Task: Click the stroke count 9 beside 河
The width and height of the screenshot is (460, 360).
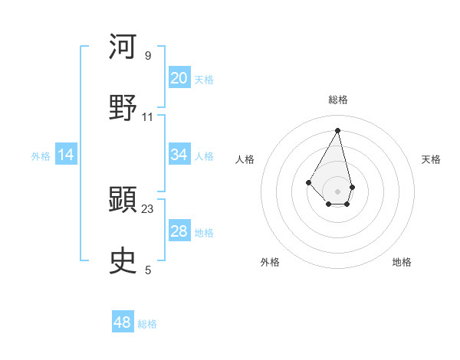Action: click(148, 56)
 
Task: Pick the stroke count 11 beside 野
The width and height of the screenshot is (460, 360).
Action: click(148, 117)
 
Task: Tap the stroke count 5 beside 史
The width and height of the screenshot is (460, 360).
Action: click(148, 270)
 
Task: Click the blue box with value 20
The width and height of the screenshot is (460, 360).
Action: click(179, 78)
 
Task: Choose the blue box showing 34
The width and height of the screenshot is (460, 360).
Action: click(179, 155)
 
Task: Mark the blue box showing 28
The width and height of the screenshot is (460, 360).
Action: click(179, 231)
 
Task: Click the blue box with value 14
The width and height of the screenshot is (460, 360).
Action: click(66, 155)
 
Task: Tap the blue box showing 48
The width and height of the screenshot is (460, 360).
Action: click(123, 322)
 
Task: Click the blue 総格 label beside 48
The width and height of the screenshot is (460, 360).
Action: click(147, 324)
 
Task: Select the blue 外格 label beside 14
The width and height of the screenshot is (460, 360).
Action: click(41, 156)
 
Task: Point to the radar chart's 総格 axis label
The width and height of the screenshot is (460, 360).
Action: click(338, 100)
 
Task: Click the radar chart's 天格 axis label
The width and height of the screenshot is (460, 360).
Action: click(431, 159)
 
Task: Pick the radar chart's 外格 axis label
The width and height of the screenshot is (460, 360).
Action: click(270, 262)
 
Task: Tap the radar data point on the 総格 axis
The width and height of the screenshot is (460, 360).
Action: click(338, 129)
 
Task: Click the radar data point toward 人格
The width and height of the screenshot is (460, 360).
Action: click(309, 182)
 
